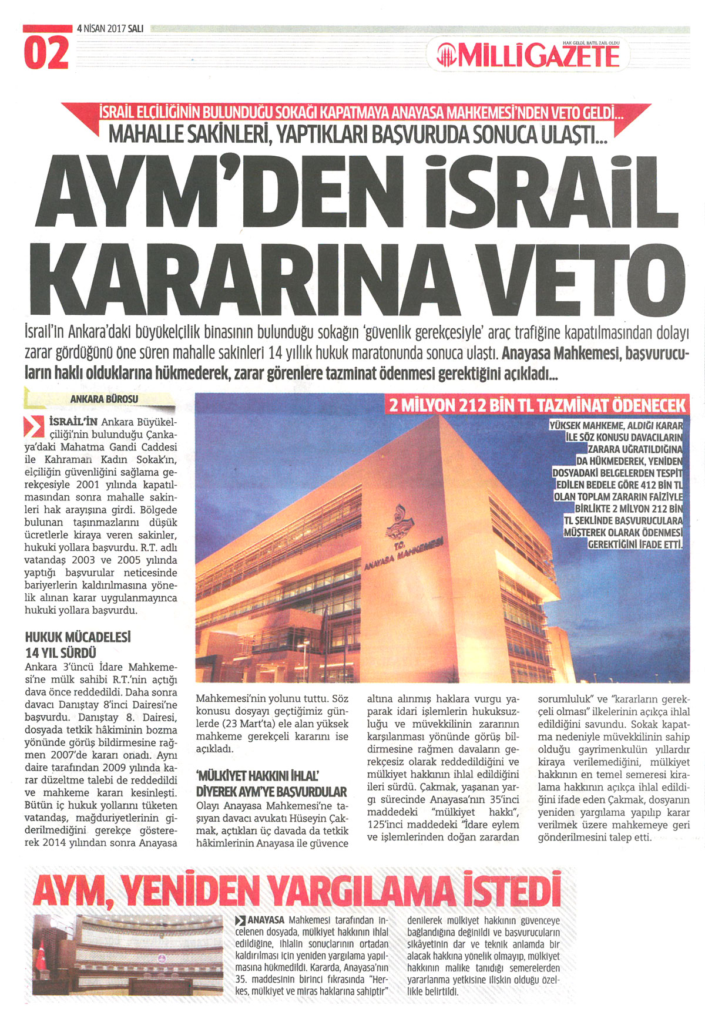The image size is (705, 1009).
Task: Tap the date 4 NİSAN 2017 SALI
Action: (110, 28)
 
